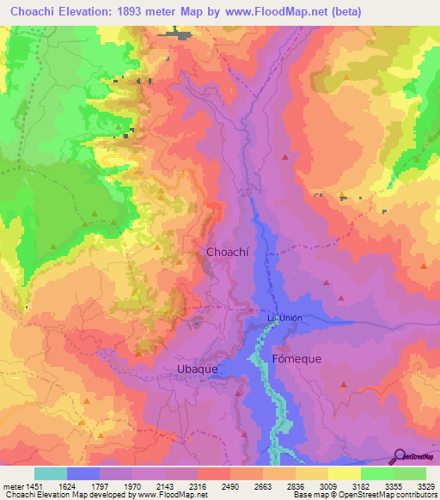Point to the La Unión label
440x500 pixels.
coord(284,318)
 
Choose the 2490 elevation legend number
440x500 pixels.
coord(230,486)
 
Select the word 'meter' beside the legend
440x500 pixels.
coord(11,486)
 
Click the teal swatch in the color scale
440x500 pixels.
coord(51,473)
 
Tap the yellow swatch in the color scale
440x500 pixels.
coord(345,473)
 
